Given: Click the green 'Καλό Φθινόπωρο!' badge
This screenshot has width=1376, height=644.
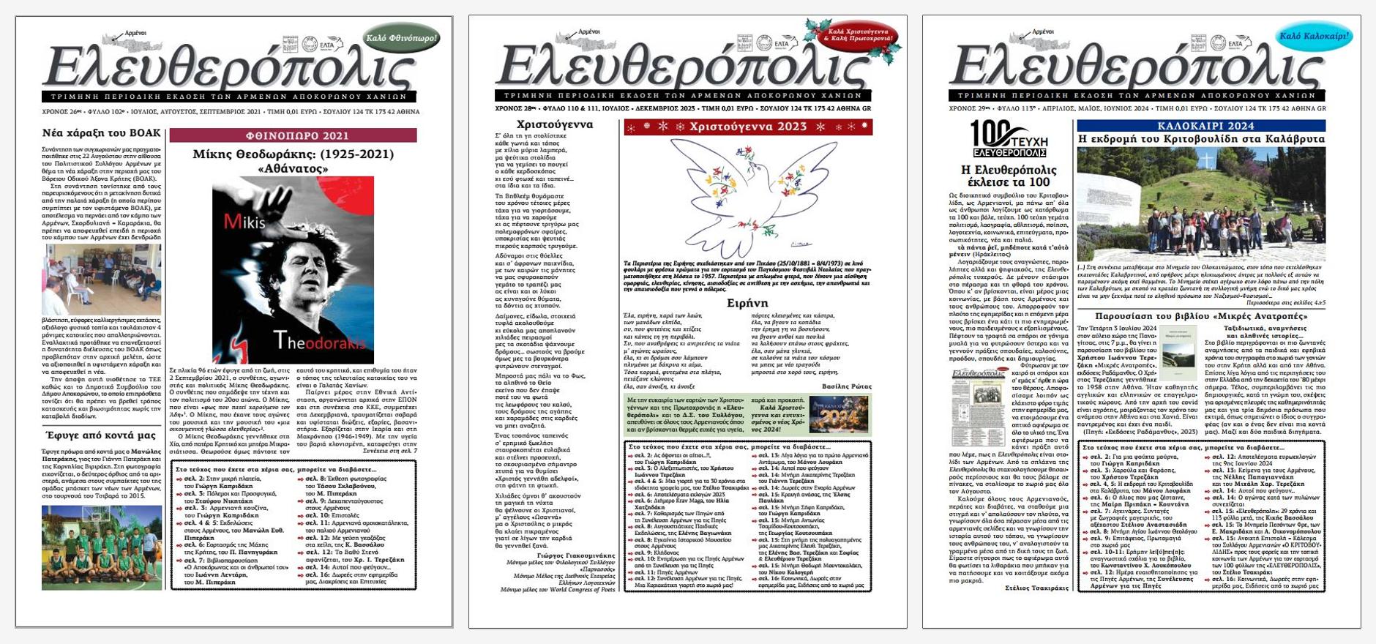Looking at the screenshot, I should click(401, 38).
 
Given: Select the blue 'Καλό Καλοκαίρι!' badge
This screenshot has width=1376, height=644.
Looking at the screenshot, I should click(1315, 36).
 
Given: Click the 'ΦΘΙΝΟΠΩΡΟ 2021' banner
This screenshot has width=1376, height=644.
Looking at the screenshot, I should click(293, 135).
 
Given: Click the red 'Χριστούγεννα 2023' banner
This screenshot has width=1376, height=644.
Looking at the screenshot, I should click(747, 127).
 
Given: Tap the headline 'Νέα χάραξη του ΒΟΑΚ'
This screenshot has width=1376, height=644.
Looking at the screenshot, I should click(101, 133).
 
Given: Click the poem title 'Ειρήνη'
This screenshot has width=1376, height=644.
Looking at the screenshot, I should click(747, 302).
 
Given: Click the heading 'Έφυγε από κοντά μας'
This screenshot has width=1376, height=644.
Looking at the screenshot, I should click(101, 435).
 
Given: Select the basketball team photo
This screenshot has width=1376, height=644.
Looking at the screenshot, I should click(102, 547).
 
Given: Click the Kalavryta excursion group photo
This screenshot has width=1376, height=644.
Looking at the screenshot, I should click(1200, 203).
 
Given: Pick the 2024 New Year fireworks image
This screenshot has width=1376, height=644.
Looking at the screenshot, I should click(838, 415).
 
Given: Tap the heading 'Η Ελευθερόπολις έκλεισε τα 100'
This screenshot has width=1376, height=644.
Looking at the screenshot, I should click(1008, 176).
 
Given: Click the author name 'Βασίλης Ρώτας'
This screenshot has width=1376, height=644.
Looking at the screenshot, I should click(847, 386).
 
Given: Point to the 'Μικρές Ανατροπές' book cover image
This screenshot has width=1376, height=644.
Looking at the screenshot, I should click(1178, 353).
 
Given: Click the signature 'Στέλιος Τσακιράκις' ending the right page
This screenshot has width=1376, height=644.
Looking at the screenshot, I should click(1037, 588).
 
